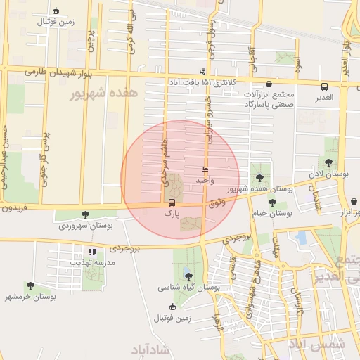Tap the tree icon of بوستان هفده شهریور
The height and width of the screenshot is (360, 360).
click(x=261, y=178)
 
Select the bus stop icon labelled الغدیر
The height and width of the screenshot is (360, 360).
click(x=324, y=87)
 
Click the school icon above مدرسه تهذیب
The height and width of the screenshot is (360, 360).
click(x=91, y=252)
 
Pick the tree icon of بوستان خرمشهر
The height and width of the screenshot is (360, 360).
click(x=30, y=285)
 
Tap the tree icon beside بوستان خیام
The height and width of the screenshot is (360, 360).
click(x=272, y=203)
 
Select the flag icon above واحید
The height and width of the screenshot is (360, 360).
click(x=205, y=170)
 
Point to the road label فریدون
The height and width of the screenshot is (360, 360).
click(x=14, y=209)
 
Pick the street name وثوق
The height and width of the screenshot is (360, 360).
click(x=217, y=202)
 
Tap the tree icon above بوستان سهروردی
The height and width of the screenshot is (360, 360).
click(x=85, y=214)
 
